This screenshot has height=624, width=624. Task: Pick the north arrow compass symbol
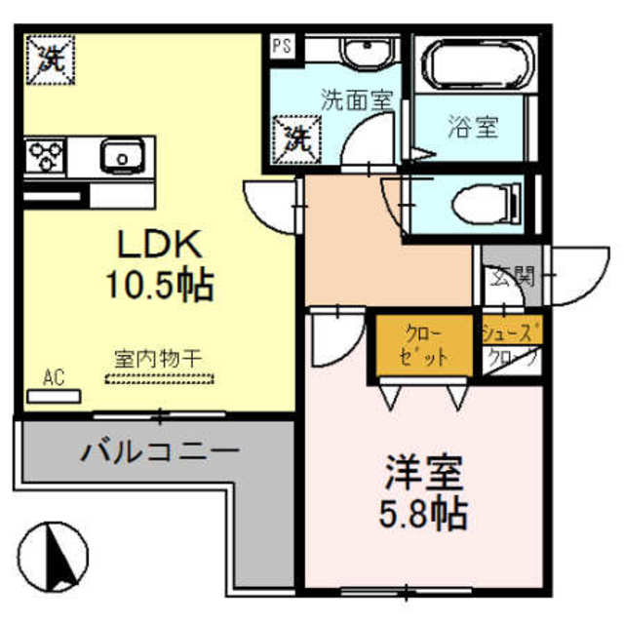57,557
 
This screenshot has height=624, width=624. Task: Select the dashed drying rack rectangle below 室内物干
157,377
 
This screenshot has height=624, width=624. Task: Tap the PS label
282,44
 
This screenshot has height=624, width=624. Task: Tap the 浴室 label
475,127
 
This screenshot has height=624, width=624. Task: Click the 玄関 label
512,276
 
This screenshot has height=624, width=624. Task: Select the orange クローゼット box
422,346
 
